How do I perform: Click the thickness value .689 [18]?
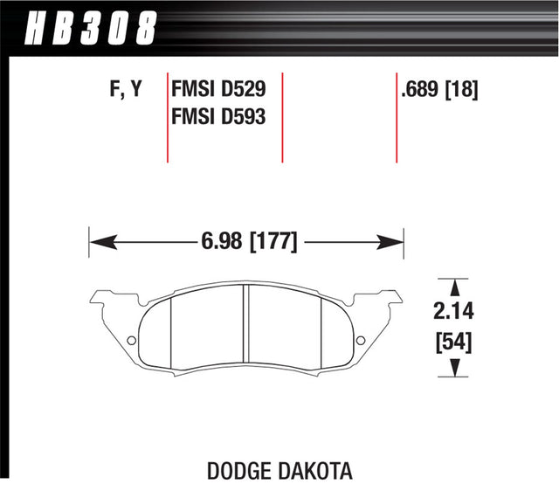[438, 88]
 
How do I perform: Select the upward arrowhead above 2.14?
[453, 285]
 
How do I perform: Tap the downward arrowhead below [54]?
[453, 370]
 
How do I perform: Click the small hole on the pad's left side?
[132, 341]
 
